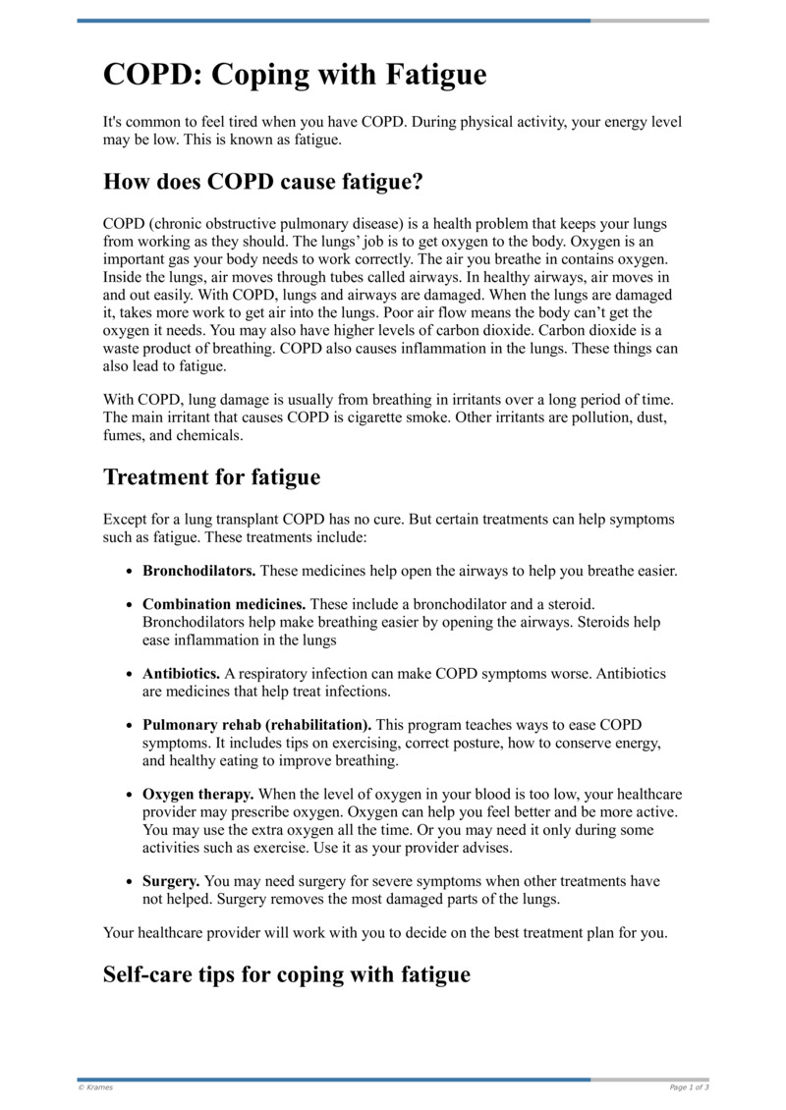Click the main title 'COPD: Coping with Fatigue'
tap(295, 75)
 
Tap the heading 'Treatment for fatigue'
tap(211, 477)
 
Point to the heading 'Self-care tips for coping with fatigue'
tap(286, 974)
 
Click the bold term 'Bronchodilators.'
tap(199, 571)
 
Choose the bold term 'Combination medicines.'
tap(224, 604)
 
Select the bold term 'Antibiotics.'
tap(181, 674)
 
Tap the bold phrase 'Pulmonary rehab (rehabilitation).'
tap(257, 725)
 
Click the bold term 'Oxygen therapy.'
tap(198, 794)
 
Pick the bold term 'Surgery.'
tap(171, 881)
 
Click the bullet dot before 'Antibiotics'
tap(131, 675)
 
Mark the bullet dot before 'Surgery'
tap(131, 882)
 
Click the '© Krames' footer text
tap(95, 1087)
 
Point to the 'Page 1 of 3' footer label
tap(689, 1087)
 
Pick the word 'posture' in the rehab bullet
tap(436, 743)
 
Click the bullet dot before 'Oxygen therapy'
tap(131, 795)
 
